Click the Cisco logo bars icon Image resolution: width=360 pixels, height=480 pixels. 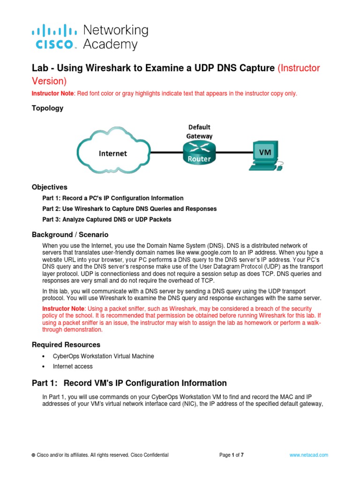click(54, 31)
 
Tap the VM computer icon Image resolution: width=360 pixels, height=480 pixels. click(265, 156)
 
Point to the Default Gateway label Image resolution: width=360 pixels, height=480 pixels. click(200, 131)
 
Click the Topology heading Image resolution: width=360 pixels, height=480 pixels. click(47, 108)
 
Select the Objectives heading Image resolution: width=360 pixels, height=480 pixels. click(49, 187)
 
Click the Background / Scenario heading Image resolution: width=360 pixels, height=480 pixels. click(70, 234)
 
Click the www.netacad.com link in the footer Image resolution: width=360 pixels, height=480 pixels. click(308, 455)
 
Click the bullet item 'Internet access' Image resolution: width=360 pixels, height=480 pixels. click(73, 367)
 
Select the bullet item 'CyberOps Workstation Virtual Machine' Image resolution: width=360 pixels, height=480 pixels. click(103, 356)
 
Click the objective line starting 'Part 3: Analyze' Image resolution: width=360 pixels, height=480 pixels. click(107, 219)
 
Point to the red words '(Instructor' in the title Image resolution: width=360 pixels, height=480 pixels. click(299, 68)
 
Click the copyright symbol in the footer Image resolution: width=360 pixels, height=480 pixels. click(33, 455)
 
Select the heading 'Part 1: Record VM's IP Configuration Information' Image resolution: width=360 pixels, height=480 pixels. click(129, 383)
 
